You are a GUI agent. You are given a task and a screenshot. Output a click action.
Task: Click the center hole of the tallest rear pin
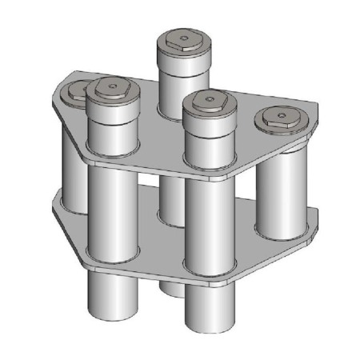tap(184, 37)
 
